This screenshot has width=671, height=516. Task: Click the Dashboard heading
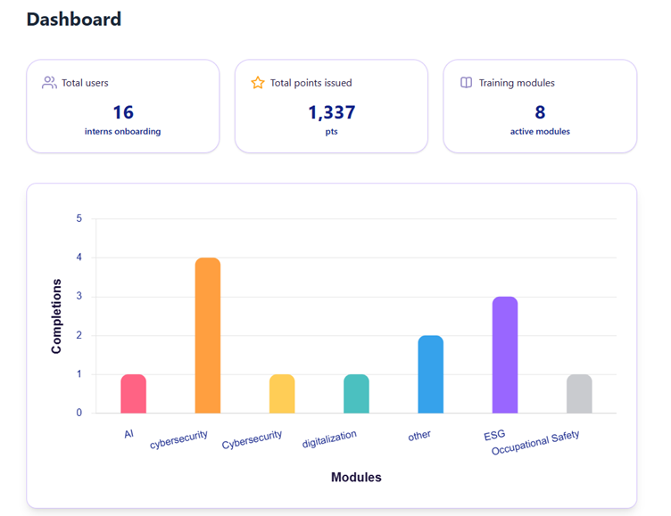coord(74,19)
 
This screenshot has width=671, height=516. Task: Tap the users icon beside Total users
coord(49,83)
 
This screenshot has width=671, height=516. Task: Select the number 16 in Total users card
coord(123,112)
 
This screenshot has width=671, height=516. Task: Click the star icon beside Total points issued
coord(258,83)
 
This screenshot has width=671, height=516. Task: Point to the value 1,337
coord(331,112)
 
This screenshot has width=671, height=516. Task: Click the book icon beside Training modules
coord(466,83)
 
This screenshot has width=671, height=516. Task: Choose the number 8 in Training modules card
coord(540,112)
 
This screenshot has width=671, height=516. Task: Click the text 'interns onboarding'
coord(123,132)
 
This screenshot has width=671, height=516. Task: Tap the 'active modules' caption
coord(540,132)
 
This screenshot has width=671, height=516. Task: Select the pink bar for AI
coord(134,394)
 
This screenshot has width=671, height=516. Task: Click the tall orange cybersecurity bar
coord(208,336)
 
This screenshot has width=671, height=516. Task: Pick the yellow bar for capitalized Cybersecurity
coord(282,394)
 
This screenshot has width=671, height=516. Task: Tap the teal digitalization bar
coord(356,394)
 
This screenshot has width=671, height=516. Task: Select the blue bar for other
coord(430,374)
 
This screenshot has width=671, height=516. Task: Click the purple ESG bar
coord(505,355)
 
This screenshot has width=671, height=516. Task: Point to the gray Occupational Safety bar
coord(579,394)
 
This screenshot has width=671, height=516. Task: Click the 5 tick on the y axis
coord(79,218)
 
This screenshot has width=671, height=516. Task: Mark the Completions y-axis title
coord(57,316)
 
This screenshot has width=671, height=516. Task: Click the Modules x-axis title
coord(356,478)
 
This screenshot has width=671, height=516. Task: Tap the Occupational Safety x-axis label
coord(535,443)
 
